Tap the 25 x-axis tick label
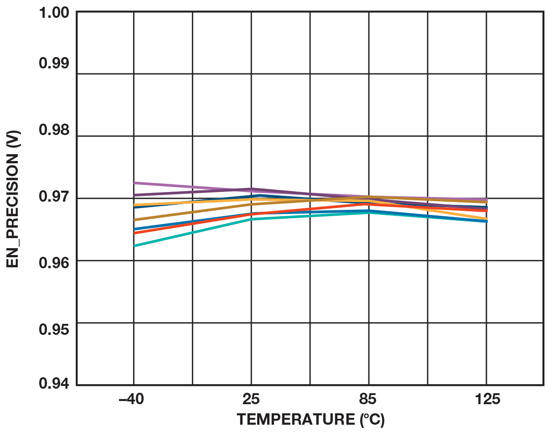click(x=251, y=400)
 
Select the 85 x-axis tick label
click(x=368, y=400)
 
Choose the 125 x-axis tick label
click(x=486, y=400)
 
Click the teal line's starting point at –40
click(x=134, y=246)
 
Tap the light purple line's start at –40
click(x=134, y=183)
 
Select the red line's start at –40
click(x=134, y=233)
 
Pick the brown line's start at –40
click(x=134, y=220)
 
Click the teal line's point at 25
click(x=251, y=219)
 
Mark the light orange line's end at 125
click(x=486, y=219)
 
